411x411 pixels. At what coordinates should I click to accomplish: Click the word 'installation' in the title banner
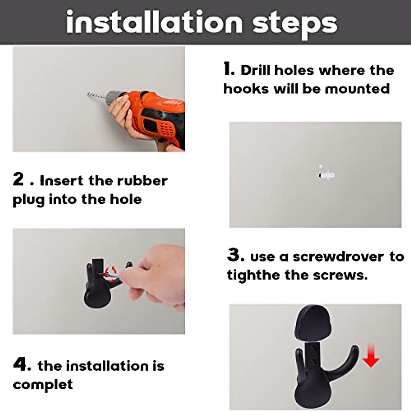pos(154,22)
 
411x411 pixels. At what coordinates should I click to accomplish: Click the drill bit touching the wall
pos(96,96)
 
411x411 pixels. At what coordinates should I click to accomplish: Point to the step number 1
pos(229,69)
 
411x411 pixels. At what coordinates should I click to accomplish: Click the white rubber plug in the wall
pos(326,175)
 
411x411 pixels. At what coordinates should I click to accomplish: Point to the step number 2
pos(18,179)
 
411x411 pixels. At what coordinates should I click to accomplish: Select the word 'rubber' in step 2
pos(142,180)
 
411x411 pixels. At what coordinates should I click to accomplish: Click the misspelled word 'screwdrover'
pos(338,257)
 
